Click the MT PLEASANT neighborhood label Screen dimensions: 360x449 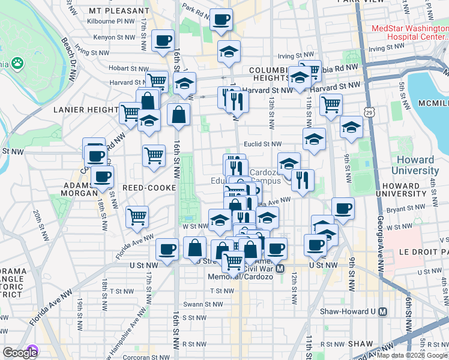118,11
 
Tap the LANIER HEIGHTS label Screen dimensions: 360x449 86,110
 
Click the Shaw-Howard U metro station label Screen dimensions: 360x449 354,311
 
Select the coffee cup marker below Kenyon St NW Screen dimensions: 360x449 163,41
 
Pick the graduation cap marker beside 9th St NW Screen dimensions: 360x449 351,127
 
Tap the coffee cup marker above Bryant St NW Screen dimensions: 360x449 343,208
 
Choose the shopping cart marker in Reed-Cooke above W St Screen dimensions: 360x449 137,216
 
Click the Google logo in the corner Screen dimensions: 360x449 20,353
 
